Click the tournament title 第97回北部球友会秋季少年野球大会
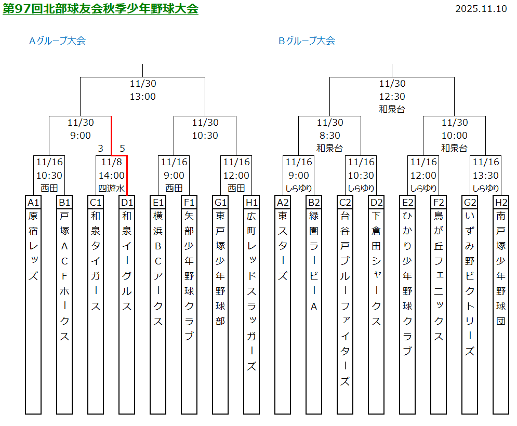click(x=100, y=9)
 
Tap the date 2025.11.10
click(x=481, y=9)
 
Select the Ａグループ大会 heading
click(x=57, y=41)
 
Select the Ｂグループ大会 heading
click(x=307, y=41)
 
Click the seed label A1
click(x=33, y=202)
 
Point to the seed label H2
click(x=501, y=202)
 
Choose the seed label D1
click(x=127, y=202)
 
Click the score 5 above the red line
click(x=122, y=149)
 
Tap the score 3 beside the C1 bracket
click(x=101, y=149)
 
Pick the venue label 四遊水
click(x=111, y=188)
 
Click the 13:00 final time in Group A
click(x=142, y=97)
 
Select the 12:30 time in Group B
click(x=392, y=97)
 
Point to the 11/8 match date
click(x=111, y=162)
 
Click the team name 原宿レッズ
click(x=33, y=246)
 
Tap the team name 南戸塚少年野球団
click(x=501, y=268)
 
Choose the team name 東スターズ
click(x=283, y=246)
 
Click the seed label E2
click(x=407, y=202)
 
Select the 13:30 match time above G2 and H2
click(x=486, y=176)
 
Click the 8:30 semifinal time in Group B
click(x=329, y=136)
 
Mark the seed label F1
click(x=189, y=202)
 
